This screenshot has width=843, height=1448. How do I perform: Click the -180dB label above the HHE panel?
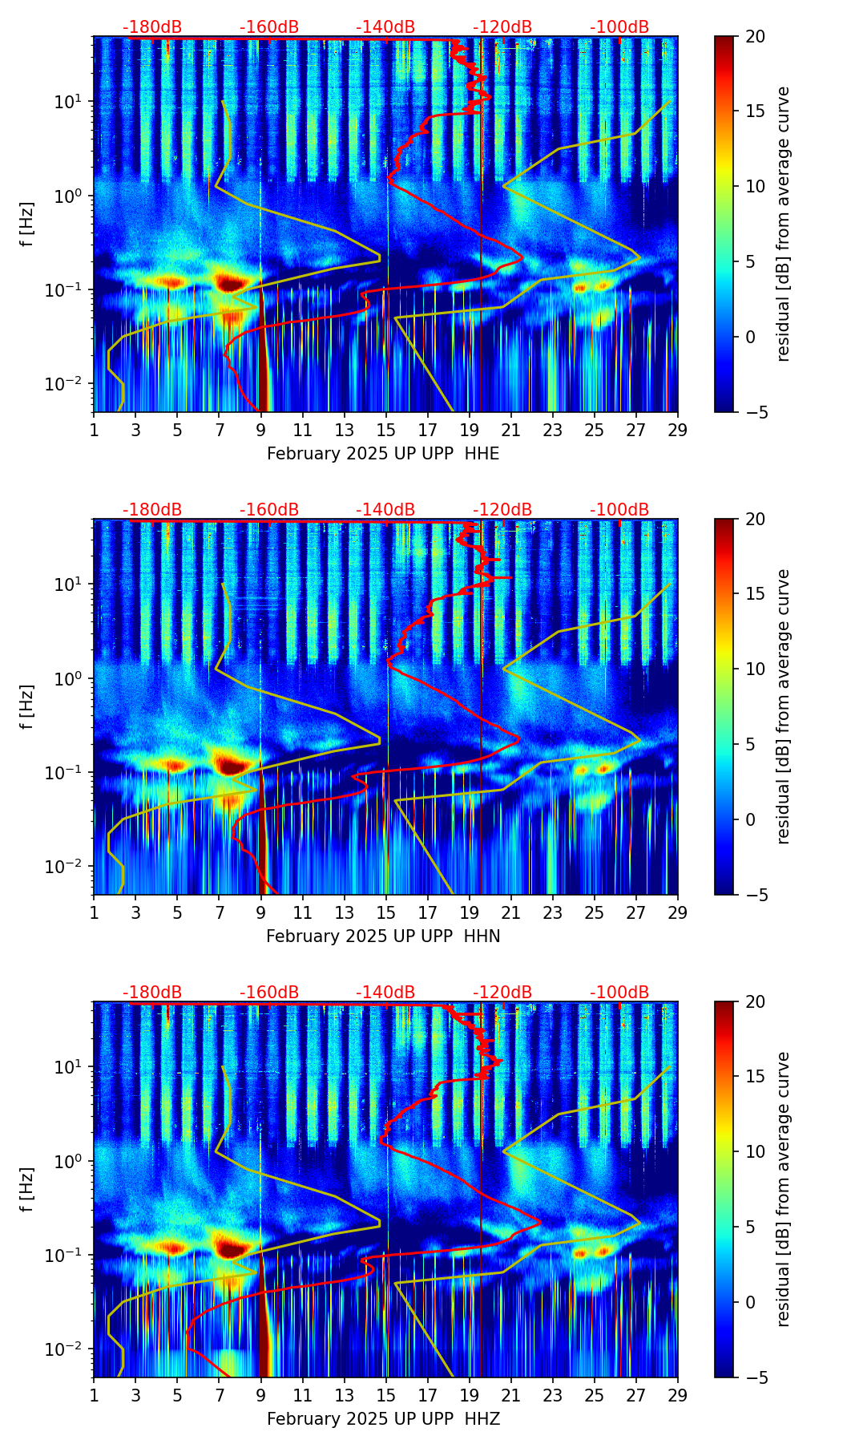click(x=152, y=27)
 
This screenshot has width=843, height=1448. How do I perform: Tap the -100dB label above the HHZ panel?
click(x=619, y=993)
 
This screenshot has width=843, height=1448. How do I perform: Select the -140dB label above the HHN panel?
click(x=385, y=510)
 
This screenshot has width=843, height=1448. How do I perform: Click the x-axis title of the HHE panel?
click(x=383, y=454)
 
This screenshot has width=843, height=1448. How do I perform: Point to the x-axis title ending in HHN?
click(x=383, y=936)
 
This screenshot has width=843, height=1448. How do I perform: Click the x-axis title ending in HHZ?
click(x=383, y=1419)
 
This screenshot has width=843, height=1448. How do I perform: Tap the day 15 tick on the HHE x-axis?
click(x=386, y=430)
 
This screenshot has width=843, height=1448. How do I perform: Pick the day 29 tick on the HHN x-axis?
click(x=678, y=912)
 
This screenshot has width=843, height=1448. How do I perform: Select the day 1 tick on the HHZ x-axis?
click(x=95, y=1395)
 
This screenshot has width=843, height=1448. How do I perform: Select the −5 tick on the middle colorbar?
click(x=752, y=895)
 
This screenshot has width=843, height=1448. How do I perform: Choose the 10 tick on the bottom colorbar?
click(x=755, y=1151)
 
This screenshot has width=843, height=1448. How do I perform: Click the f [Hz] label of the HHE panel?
click(x=27, y=224)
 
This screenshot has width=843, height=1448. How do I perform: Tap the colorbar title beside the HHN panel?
click(x=783, y=706)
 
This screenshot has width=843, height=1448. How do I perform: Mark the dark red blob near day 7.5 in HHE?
click(x=230, y=283)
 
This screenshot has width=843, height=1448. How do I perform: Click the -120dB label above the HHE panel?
click(x=502, y=27)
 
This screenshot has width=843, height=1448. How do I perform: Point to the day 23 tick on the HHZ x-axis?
click(x=553, y=1395)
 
